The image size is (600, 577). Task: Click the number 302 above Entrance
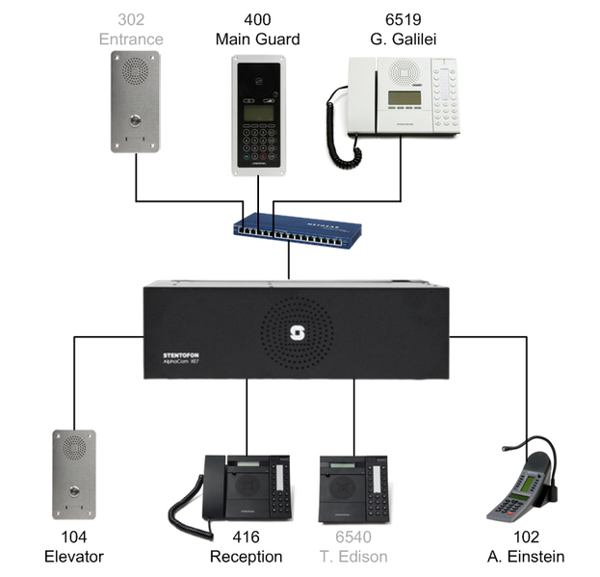pyautogui.click(x=134, y=19)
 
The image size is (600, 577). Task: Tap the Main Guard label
pyautogui.click(x=257, y=39)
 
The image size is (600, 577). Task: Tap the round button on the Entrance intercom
pyautogui.click(x=133, y=122)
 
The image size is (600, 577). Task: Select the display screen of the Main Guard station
pyautogui.click(x=256, y=113)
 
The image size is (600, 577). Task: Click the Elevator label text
pyautogui.click(x=74, y=557)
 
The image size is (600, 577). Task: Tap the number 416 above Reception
pyautogui.click(x=247, y=538)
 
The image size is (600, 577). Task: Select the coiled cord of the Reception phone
pyautogui.click(x=183, y=511)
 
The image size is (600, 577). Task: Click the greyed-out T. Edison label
pyautogui.click(x=352, y=557)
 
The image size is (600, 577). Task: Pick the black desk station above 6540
pyautogui.click(x=352, y=488)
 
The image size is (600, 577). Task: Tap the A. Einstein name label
pyautogui.click(x=526, y=557)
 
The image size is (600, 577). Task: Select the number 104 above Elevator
pyautogui.click(x=74, y=538)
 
